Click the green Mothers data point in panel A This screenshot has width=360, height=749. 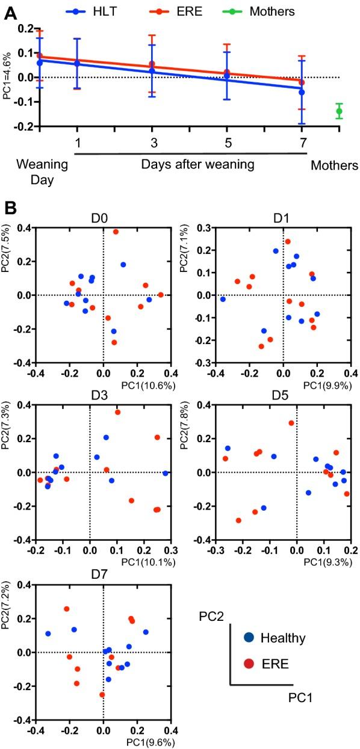(x=339, y=111)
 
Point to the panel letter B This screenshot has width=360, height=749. (x=10, y=208)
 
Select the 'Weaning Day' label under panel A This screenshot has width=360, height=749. (x=36, y=171)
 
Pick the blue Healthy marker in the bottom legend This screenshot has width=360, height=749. (x=248, y=638)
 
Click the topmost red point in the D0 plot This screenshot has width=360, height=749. (x=116, y=232)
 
